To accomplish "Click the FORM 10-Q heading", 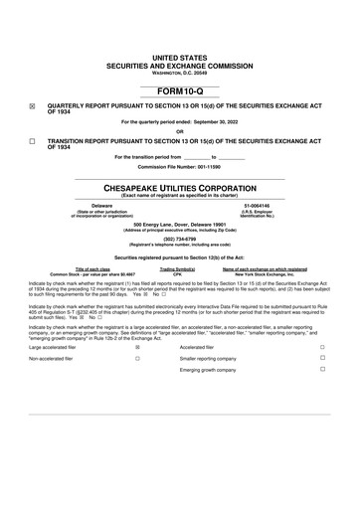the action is pos(180,91).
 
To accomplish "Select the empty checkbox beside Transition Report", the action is pos(33,142).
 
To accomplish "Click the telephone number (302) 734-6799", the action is pos(180,239).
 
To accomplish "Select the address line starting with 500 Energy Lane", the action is pos(180,224).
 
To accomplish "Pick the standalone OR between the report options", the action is pos(180,131).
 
